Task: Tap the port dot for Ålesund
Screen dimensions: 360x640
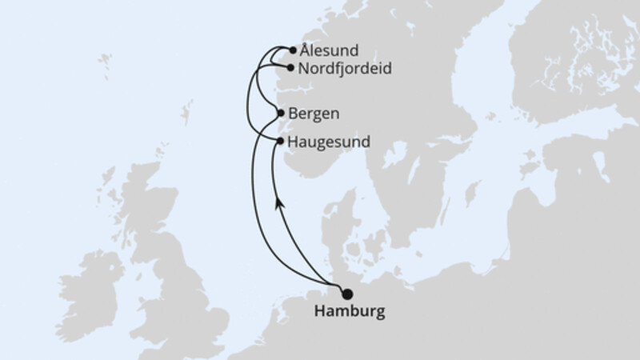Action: click(x=293, y=50)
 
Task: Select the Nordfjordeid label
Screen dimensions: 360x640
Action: click(x=344, y=69)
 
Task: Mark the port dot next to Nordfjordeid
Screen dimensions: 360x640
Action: click(x=290, y=69)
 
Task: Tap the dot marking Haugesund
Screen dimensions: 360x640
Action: click(x=280, y=141)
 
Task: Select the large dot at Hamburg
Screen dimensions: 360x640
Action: click(x=347, y=293)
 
